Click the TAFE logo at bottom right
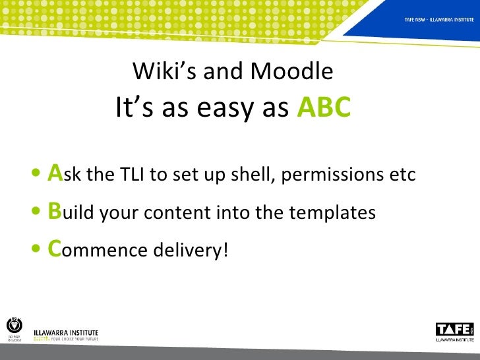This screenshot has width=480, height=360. point(454,331)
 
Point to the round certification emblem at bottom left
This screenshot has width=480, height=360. point(15,328)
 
